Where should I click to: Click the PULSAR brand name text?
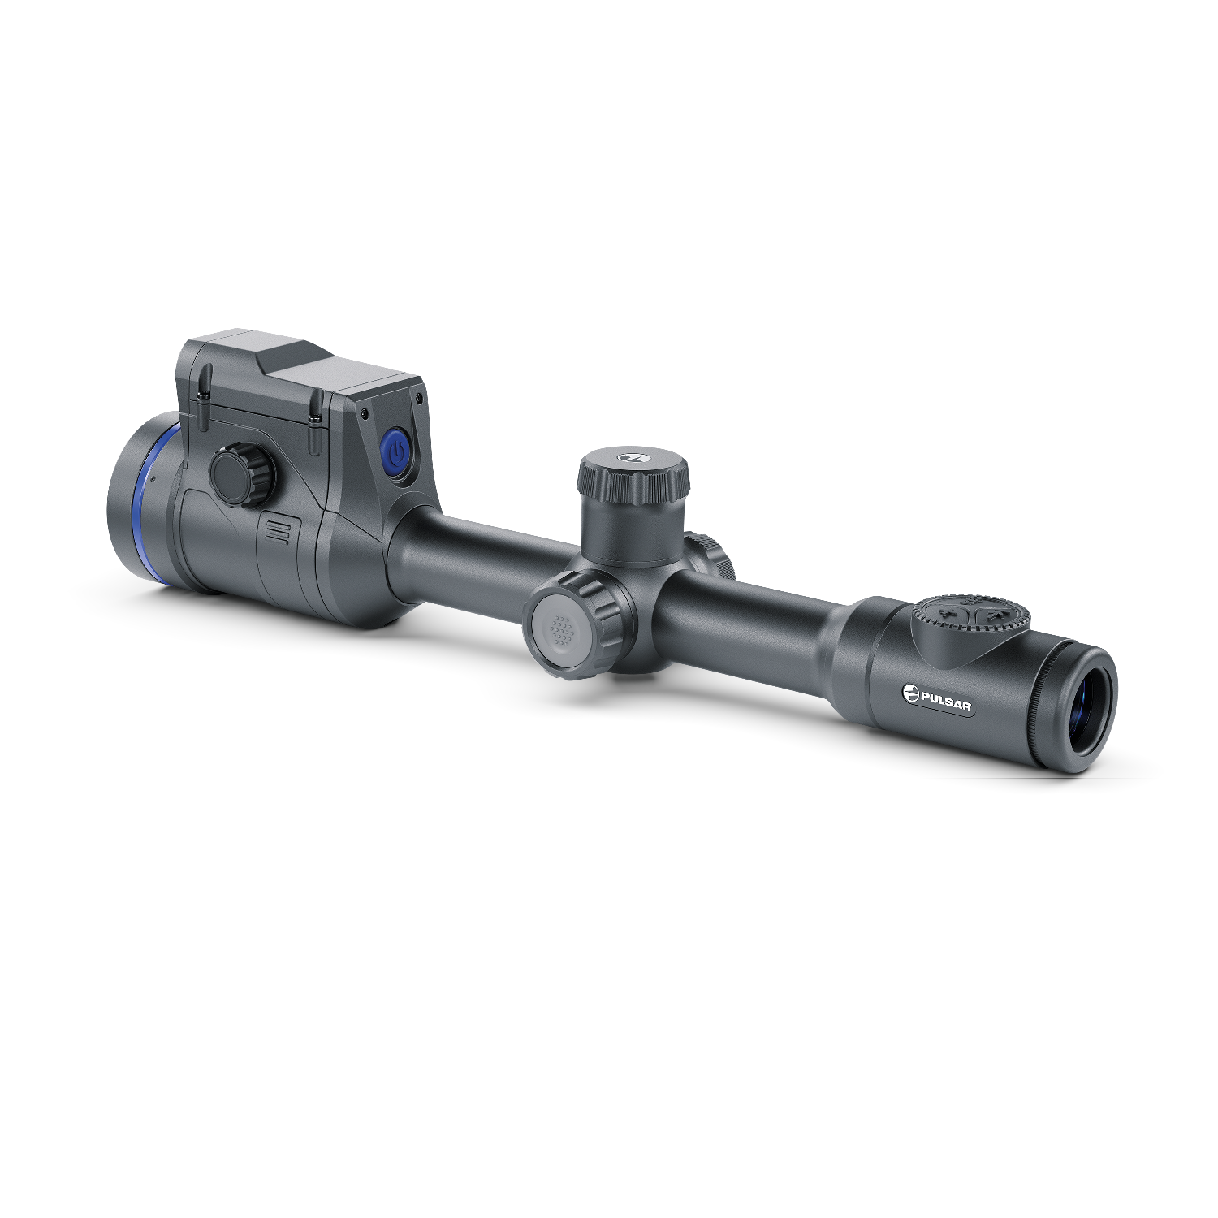pos(946,700)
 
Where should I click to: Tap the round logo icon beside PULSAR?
pos(910,692)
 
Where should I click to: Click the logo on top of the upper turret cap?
pos(629,458)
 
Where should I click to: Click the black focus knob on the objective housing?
pos(242,475)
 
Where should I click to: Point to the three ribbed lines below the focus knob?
pos(277,530)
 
